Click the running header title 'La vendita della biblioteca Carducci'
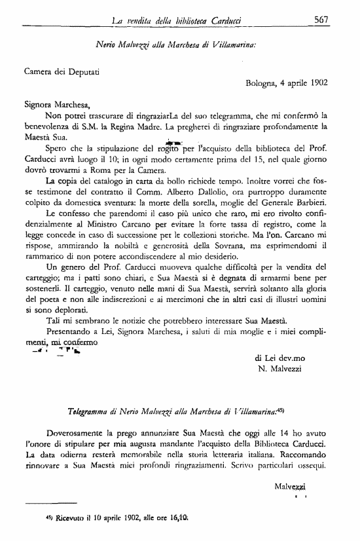[x=175, y=22]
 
